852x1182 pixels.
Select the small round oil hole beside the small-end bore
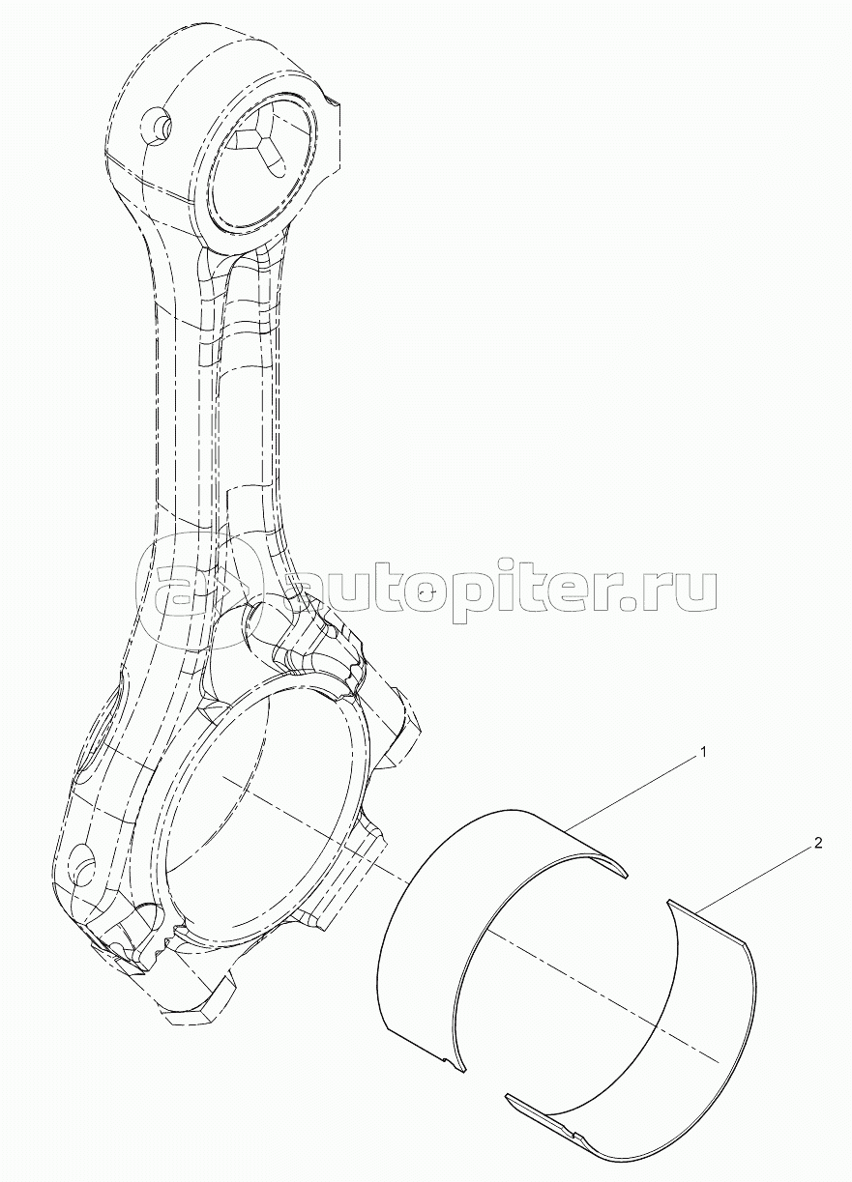click(x=156, y=125)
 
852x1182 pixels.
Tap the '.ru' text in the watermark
click(x=671, y=590)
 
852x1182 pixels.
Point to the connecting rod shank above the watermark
click(x=222, y=406)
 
